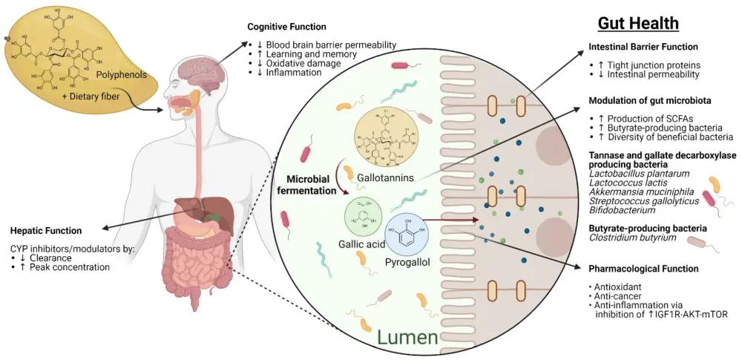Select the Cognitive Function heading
[x=286, y=27]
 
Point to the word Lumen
[x=407, y=338]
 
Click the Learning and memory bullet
[x=305, y=54]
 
